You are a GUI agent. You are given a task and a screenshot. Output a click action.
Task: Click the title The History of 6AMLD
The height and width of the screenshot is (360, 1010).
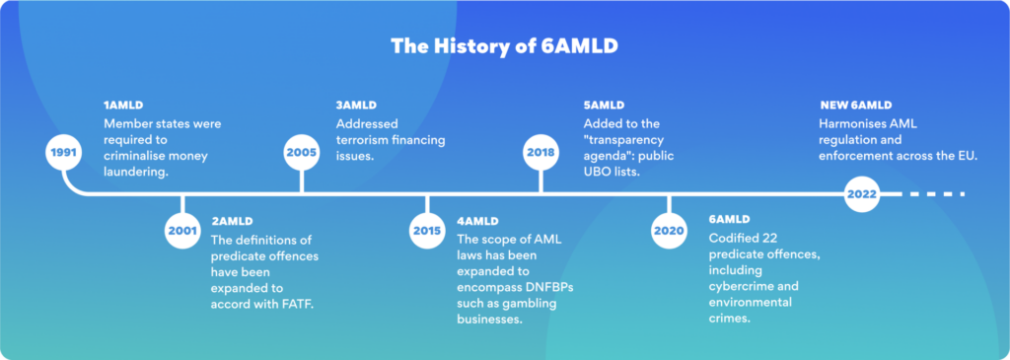[x=504, y=45]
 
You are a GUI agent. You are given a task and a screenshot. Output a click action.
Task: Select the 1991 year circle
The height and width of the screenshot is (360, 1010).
[x=64, y=153]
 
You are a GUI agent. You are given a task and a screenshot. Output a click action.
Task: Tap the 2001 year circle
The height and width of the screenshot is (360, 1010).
[x=182, y=231]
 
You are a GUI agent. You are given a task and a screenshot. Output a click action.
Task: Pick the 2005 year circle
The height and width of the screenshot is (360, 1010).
[x=301, y=153]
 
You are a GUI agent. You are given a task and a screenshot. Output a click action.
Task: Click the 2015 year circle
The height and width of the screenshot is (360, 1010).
[x=426, y=231]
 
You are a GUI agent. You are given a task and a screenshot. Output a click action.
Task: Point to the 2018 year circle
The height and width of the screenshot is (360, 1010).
[x=540, y=153]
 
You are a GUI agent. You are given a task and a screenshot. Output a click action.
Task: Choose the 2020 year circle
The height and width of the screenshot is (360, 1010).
[x=669, y=231]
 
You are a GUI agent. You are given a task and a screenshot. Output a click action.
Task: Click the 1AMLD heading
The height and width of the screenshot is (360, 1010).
[x=123, y=106]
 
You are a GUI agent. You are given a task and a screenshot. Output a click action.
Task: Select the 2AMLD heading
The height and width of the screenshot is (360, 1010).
[x=232, y=220]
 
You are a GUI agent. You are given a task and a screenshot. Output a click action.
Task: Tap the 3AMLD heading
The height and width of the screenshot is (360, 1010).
[x=356, y=106]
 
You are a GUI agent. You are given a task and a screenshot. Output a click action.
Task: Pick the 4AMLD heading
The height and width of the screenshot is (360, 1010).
[x=477, y=220]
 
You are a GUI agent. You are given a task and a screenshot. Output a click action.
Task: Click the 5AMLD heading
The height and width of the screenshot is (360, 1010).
[x=604, y=106]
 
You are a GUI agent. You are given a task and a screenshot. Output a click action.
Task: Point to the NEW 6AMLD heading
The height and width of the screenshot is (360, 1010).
[x=855, y=106]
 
